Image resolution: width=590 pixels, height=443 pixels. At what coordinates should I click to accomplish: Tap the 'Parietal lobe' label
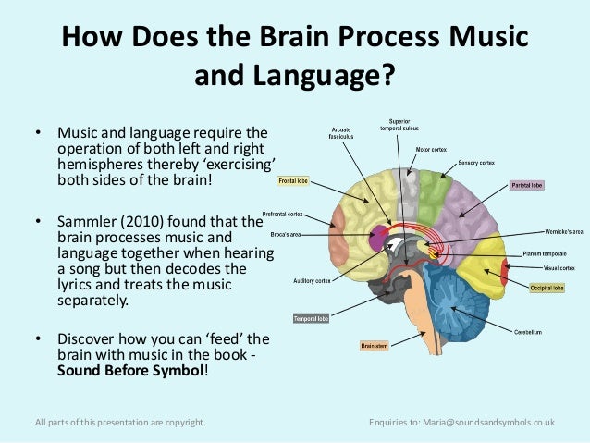click(x=527, y=185)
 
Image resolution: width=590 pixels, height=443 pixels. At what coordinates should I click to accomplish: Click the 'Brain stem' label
click(x=374, y=347)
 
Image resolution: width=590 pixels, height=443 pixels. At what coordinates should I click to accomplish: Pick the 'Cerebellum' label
click(x=528, y=331)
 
